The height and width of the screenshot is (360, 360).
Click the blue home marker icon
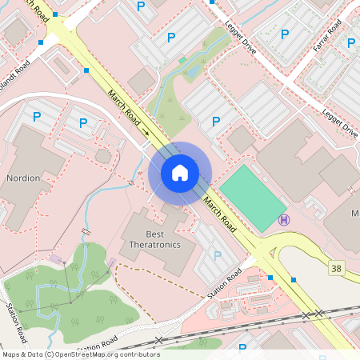click(x=180, y=172)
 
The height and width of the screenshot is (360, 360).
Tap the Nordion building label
click(x=22, y=178)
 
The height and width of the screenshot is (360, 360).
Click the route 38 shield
click(x=337, y=268)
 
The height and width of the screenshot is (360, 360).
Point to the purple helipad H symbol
click(x=282, y=219)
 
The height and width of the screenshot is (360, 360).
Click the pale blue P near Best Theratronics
click(x=218, y=256)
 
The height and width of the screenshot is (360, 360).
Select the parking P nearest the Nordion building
click(x=37, y=117)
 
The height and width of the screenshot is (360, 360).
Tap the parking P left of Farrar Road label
click(x=285, y=34)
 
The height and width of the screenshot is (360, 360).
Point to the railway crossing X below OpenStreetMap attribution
click(x=158, y=341)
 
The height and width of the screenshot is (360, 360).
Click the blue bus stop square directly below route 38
click(x=294, y=279)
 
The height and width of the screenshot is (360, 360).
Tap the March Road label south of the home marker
click(x=220, y=212)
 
